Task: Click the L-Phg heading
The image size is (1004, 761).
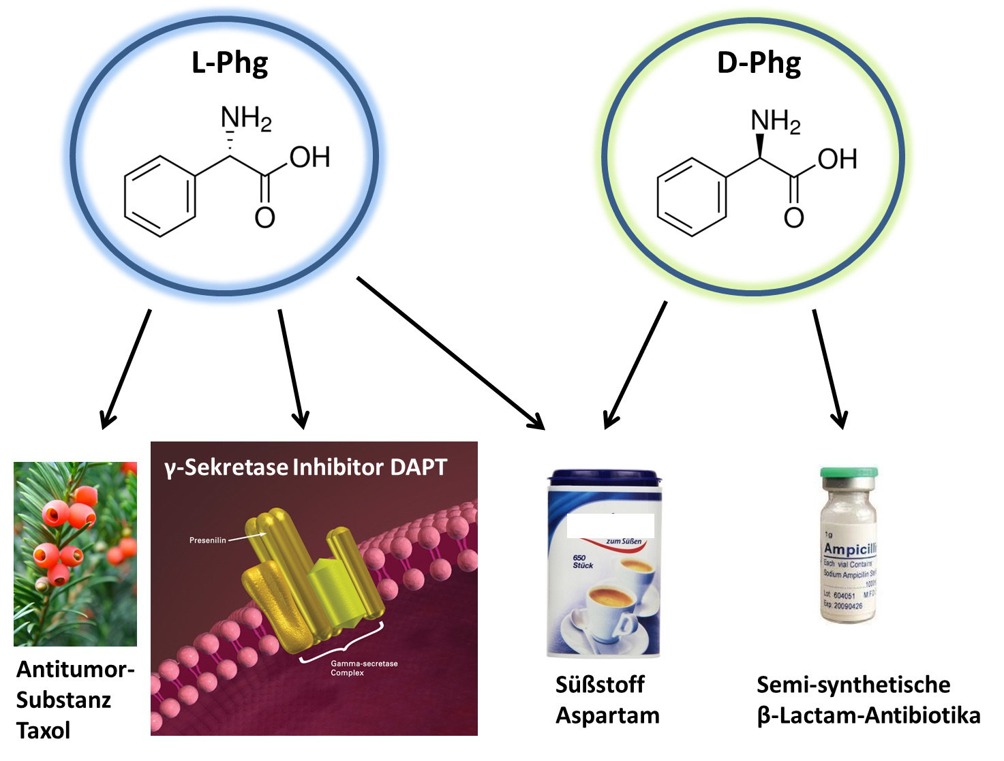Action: (x=230, y=63)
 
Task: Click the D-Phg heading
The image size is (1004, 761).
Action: (x=759, y=63)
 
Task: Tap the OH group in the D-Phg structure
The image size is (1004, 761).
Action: (x=837, y=159)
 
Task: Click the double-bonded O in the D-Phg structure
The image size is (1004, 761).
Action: (x=793, y=218)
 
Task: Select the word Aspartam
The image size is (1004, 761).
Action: (x=607, y=715)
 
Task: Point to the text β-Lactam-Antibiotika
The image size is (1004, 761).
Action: (x=868, y=715)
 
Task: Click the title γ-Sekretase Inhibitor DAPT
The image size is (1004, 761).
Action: (x=305, y=467)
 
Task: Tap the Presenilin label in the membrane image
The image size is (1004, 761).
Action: (x=207, y=540)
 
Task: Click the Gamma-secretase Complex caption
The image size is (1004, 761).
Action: (x=363, y=668)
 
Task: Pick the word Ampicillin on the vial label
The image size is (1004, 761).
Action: (x=849, y=549)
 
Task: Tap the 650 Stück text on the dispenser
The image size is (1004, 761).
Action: (x=583, y=561)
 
